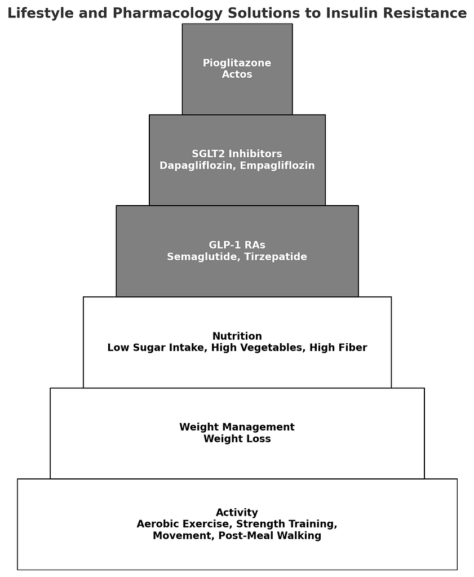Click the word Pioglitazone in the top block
[237, 63]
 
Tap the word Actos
[237, 74]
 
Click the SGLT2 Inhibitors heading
[237, 154]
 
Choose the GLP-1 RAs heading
[237, 245]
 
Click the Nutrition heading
[237, 336]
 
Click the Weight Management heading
[237, 427]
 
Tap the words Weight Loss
[237, 439]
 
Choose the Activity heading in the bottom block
[237, 513]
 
